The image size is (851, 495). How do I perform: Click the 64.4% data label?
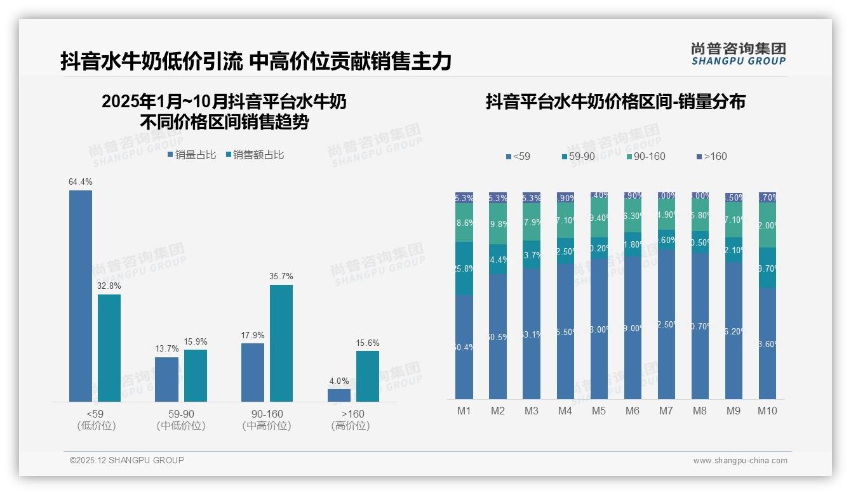(81, 182)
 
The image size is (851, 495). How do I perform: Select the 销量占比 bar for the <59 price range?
(81, 296)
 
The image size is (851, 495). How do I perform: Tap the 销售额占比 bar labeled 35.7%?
(281, 343)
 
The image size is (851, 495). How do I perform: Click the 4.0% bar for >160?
(339, 395)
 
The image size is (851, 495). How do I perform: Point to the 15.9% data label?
(196, 342)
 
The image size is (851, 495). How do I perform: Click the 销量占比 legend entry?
(192, 155)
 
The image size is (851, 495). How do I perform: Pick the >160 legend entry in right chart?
(711, 157)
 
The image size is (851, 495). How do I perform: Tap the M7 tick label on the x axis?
(666, 411)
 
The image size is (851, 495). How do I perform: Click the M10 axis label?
(767, 411)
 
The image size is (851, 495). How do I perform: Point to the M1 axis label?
(464, 411)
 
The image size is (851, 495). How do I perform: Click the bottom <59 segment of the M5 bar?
(599, 329)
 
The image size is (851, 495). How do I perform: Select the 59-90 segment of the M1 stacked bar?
(464, 268)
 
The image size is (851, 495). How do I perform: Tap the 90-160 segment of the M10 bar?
(767, 225)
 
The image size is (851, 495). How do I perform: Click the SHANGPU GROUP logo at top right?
(738, 54)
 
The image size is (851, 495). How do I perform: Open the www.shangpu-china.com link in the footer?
(740, 461)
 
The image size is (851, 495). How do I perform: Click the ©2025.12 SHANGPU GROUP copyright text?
(127, 461)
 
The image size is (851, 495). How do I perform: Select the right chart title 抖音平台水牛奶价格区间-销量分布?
(615, 102)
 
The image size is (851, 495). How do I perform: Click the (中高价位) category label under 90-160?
(267, 426)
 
